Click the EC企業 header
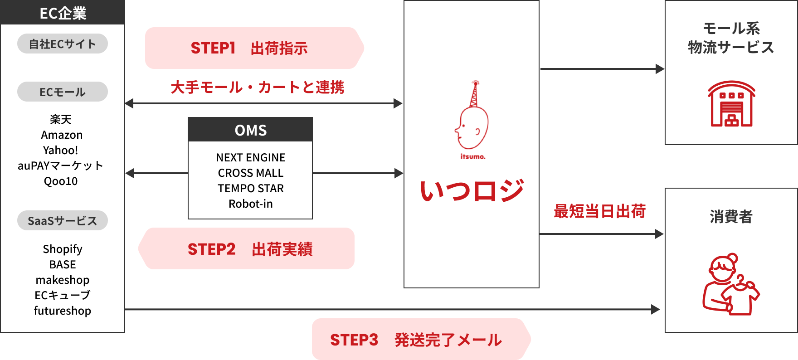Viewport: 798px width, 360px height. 63,12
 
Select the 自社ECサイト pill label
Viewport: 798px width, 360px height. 63,44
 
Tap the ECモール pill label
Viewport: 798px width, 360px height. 63,92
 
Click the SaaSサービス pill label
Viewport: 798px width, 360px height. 63,221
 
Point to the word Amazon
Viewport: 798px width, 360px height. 62,135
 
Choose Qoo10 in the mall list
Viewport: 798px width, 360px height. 61,181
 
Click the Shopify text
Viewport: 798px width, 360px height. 63,249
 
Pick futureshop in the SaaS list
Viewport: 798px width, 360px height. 63,311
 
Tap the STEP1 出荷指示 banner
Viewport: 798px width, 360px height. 254,48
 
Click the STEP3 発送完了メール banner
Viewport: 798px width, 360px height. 421,339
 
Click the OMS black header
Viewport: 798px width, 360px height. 250,130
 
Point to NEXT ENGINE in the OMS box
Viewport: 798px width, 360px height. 251,157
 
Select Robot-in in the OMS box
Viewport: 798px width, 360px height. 251,204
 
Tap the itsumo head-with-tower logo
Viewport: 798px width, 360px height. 472,120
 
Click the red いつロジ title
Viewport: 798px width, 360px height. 472,190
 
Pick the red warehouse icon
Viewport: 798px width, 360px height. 731,104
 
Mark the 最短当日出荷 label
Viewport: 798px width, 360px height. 599,211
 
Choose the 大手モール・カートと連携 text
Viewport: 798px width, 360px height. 258,87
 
